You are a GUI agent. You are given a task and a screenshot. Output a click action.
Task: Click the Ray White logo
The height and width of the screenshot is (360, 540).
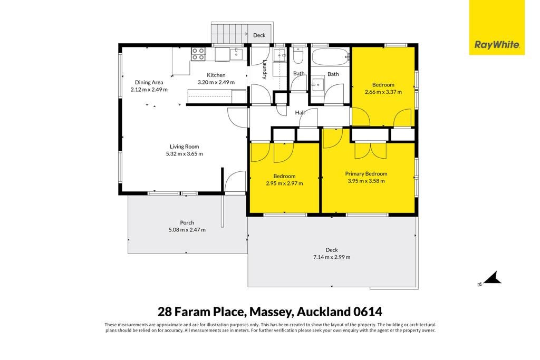(497, 27)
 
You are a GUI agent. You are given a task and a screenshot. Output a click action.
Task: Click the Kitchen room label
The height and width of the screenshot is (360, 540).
(216, 75)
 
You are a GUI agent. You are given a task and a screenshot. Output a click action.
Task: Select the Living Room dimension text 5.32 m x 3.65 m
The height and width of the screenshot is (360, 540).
(184, 154)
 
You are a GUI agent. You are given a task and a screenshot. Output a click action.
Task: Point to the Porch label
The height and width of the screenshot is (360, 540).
(187, 222)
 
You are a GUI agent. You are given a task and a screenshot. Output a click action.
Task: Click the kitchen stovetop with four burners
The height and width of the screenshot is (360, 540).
(198, 54)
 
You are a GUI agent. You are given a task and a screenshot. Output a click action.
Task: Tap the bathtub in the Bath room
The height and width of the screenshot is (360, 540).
(331, 57)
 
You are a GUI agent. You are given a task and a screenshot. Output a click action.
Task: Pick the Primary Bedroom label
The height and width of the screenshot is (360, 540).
(366, 174)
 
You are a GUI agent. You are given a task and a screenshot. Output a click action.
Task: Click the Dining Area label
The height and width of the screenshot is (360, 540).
(149, 82)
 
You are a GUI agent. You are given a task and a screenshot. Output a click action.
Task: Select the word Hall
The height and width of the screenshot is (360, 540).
(300, 113)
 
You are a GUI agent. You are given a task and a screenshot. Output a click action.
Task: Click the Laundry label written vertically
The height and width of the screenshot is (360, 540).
(265, 70)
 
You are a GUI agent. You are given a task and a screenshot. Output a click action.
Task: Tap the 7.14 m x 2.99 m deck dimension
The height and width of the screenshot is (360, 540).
(332, 257)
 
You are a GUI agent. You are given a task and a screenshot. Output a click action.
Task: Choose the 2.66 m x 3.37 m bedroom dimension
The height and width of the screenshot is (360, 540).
(383, 92)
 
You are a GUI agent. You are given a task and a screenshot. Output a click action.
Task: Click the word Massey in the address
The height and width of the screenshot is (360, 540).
(271, 312)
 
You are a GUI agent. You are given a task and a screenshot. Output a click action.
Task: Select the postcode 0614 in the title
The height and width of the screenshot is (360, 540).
(368, 312)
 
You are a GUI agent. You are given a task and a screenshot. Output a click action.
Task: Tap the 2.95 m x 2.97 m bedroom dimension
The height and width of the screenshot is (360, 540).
(284, 183)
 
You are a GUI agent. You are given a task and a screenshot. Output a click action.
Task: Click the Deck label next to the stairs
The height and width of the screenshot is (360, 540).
(259, 35)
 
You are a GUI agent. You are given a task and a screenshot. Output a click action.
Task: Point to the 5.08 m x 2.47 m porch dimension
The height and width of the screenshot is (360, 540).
(187, 230)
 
